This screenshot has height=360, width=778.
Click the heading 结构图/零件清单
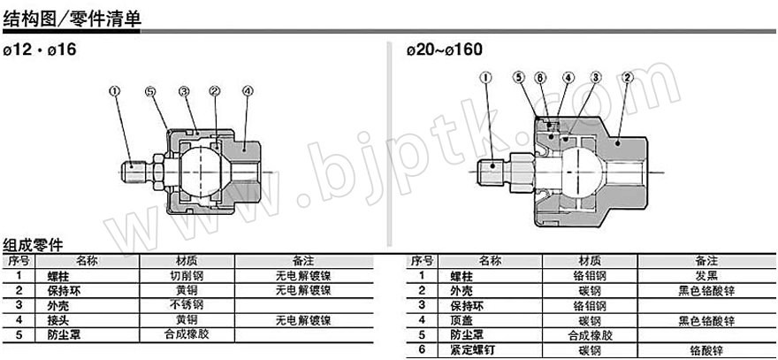click(72, 19)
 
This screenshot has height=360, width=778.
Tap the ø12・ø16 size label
click(40, 50)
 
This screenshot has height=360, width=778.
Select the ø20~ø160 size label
click(444, 50)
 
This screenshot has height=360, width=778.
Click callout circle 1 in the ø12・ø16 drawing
click(115, 90)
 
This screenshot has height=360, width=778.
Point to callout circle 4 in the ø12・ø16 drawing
click(248, 90)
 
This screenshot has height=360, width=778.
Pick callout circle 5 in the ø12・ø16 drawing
click(150, 91)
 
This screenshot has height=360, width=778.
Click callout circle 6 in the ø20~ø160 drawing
click(540, 78)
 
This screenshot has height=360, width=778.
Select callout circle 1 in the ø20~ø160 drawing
click(485, 78)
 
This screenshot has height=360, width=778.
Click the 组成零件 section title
click(33, 246)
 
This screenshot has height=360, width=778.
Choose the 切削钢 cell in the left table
click(187, 276)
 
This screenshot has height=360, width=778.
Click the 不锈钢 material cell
click(187, 304)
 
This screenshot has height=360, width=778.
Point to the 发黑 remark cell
click(706, 276)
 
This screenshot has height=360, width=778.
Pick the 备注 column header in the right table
click(706, 261)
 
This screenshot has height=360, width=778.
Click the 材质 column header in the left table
click(187, 261)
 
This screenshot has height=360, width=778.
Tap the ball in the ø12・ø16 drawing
click(202, 172)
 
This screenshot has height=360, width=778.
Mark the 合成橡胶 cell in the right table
click(590, 335)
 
